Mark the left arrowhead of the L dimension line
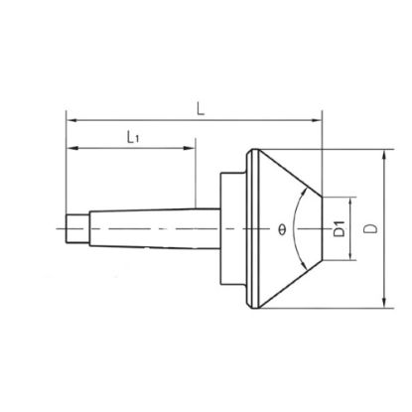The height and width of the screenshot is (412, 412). click(70, 119)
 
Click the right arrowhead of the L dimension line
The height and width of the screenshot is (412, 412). click(319, 119)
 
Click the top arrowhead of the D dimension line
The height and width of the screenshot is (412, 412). click(382, 156)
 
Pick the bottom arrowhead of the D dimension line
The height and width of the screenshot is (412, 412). click(382, 302)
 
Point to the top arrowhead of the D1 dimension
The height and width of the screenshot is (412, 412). click(351, 199)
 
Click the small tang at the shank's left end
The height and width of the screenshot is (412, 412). click(73, 229)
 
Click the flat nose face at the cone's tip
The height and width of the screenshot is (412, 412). click(323, 229)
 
